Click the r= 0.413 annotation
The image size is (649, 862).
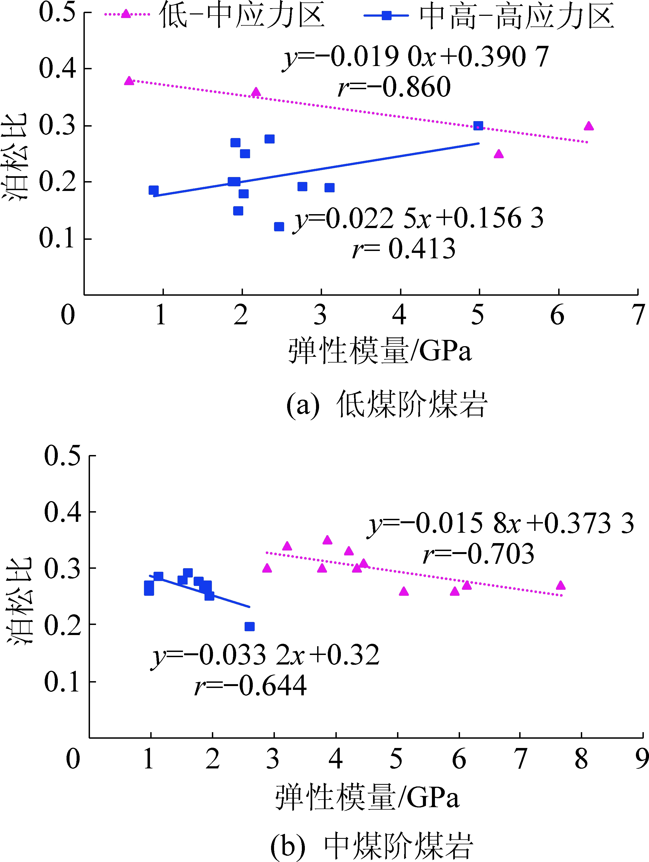pos(404,249)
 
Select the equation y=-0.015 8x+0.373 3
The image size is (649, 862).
pos(501,523)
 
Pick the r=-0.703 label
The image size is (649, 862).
pos(478,554)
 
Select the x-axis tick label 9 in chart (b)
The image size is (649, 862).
pos(642,759)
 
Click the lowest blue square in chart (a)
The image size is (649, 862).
pos(279,227)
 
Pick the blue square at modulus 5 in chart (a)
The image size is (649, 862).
pos(478,126)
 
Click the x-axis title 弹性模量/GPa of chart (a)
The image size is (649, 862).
pos(380,351)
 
